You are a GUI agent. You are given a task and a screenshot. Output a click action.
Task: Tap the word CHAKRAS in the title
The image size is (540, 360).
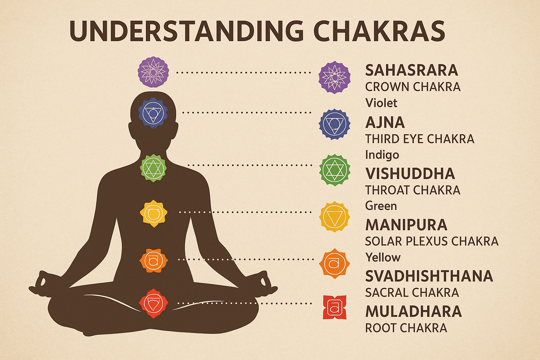click(x=379, y=31)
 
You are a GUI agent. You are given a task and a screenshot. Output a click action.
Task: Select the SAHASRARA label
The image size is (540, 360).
click(x=411, y=70)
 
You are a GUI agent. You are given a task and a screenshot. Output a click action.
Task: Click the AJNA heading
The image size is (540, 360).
click(x=385, y=122)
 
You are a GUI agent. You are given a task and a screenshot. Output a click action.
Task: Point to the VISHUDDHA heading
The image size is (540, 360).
click(x=410, y=174)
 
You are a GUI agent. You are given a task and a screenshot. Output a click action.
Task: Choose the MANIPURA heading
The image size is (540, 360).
click(x=406, y=225)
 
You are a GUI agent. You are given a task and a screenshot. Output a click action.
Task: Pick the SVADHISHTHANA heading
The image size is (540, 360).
click(x=429, y=276)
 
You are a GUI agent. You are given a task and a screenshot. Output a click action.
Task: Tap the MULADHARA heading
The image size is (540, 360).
click(x=413, y=311)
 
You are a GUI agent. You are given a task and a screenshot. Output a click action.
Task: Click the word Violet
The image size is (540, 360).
click(x=381, y=103)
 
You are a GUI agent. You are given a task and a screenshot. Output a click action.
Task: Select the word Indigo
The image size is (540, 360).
click(x=382, y=155)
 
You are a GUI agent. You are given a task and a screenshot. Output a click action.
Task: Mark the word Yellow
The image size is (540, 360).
click(x=382, y=257)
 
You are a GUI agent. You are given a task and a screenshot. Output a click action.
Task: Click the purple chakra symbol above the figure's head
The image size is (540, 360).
click(x=153, y=72)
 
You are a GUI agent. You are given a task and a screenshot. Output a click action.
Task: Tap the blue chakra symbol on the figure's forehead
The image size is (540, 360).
click(x=153, y=113)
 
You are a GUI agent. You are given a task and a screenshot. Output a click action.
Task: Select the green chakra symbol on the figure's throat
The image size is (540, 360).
click(x=153, y=168)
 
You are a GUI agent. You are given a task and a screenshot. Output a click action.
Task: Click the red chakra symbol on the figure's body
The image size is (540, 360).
click(x=153, y=303)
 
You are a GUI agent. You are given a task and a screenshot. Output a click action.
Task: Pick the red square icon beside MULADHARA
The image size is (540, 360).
click(x=334, y=307)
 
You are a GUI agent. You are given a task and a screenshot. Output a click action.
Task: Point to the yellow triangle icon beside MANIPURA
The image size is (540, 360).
click(x=334, y=216)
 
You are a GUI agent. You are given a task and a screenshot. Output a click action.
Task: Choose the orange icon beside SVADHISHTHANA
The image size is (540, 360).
click(x=334, y=264)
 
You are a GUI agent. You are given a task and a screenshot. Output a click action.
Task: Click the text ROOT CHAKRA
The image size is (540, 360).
click(x=406, y=328)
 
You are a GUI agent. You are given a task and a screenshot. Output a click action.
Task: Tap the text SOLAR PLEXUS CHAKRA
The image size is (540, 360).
click(x=431, y=241)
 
